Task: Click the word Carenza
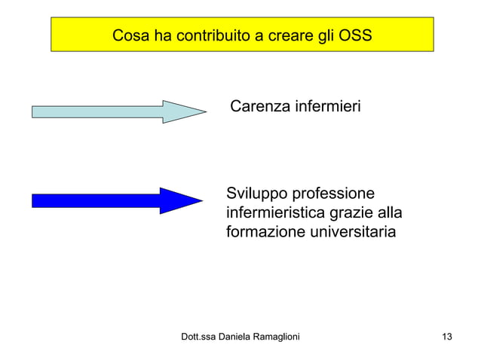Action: click(x=259, y=107)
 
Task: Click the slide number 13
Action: click(x=447, y=337)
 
